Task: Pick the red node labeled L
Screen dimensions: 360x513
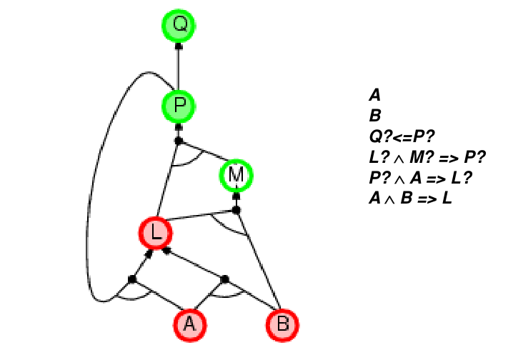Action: click(x=156, y=232)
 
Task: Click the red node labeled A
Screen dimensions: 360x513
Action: click(x=189, y=325)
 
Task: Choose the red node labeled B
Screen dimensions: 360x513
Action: click(x=283, y=325)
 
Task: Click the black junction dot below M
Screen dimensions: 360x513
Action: click(x=236, y=210)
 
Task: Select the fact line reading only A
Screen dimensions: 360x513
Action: click(x=374, y=94)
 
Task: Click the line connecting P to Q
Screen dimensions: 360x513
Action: click(x=178, y=69)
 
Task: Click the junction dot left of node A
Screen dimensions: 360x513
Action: click(x=132, y=278)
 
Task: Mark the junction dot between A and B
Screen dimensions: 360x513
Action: click(x=224, y=278)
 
